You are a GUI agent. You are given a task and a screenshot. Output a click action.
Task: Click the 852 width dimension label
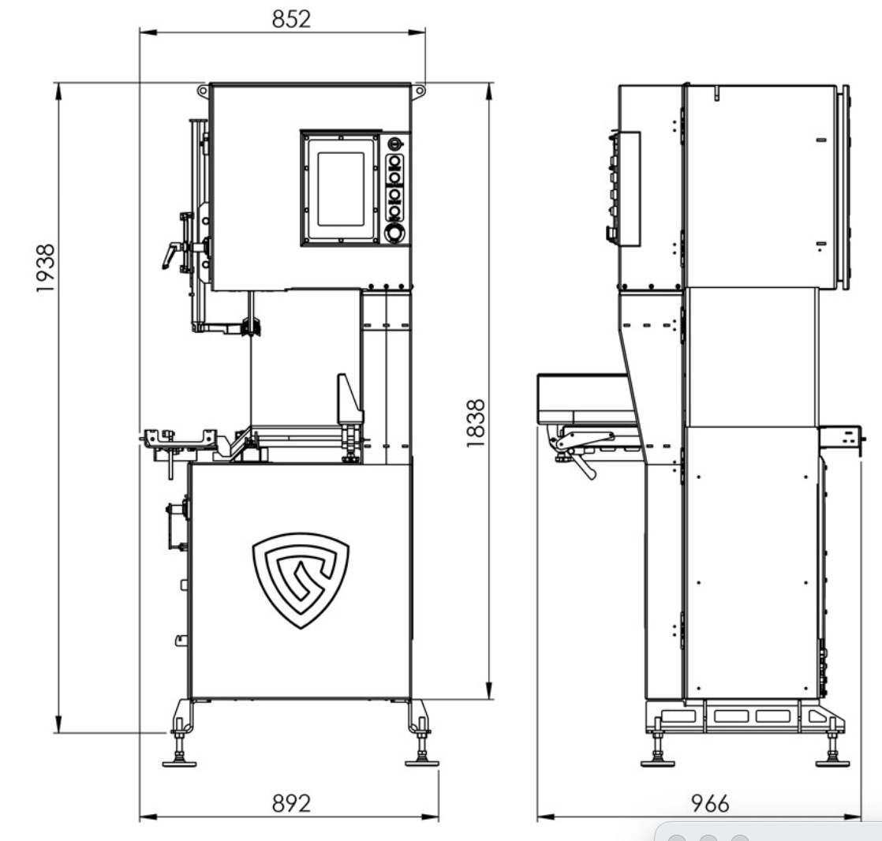[x=291, y=19]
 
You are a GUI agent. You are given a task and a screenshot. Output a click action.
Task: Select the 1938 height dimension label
[x=45, y=268]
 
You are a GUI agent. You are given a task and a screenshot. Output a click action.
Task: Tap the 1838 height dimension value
[x=475, y=424]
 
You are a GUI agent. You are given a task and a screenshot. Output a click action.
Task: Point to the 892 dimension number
[x=291, y=803]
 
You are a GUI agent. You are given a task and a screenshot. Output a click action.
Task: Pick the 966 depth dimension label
[x=710, y=803]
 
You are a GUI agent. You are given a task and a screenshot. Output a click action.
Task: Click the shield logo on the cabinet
[x=301, y=580]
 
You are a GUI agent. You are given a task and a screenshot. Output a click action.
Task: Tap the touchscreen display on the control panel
[x=340, y=189]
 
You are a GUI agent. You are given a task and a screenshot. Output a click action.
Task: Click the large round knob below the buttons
[x=394, y=233]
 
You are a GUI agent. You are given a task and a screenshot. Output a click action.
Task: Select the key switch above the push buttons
[x=395, y=144]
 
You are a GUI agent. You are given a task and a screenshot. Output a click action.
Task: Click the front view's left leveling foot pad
[x=179, y=763]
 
